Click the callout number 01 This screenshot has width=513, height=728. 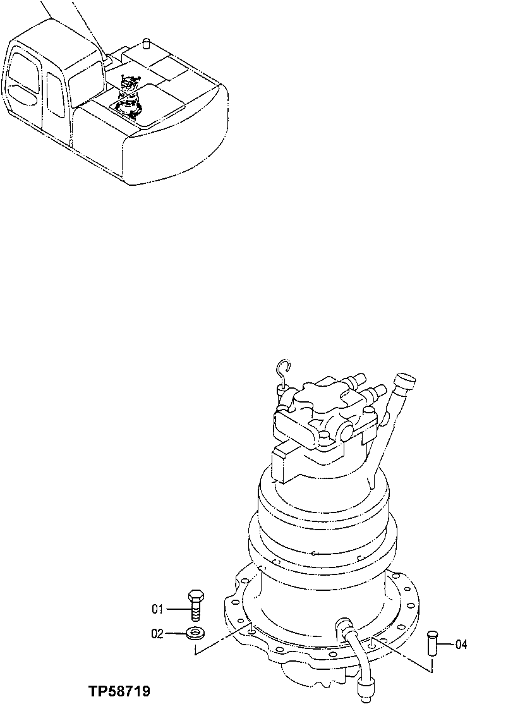pos(157,610)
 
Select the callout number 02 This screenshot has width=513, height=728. pos(157,633)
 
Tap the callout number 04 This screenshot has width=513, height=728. pos(461,645)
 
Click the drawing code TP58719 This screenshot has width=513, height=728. pos(119,692)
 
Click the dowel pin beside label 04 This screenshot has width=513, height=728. pos(433,643)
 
